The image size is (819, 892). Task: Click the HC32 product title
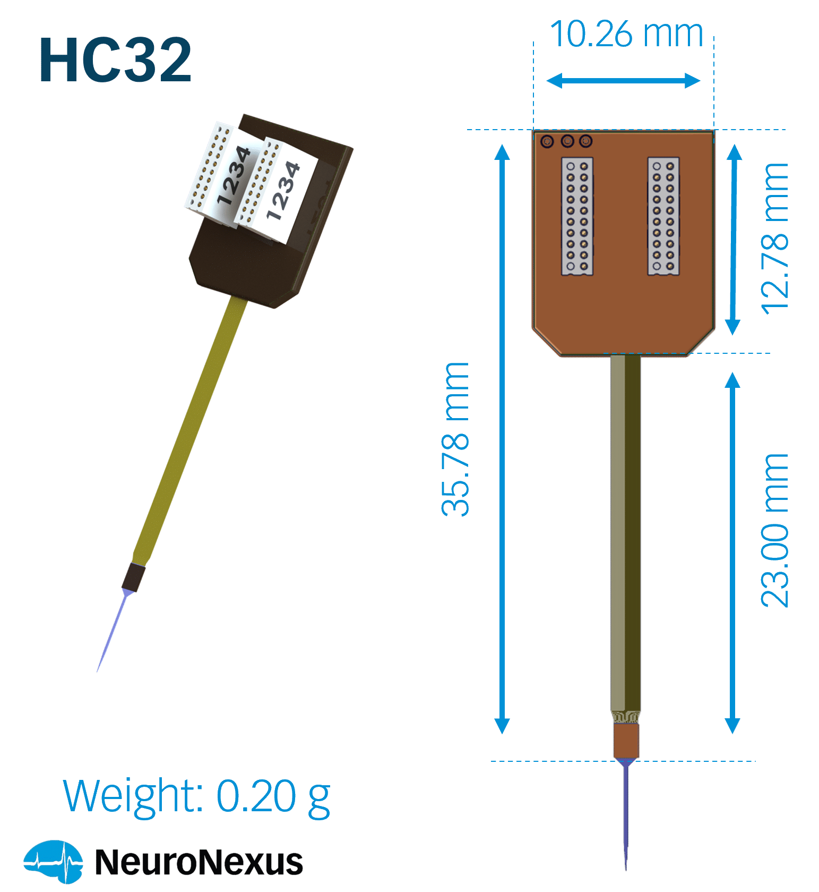point(115,60)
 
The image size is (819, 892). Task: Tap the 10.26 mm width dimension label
point(626,33)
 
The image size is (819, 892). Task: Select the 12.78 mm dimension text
point(775,239)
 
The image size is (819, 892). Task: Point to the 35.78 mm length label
point(455,439)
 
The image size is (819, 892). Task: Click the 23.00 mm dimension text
point(775,530)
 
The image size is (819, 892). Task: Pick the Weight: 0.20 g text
point(197,796)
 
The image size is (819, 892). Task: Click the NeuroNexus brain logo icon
point(53,861)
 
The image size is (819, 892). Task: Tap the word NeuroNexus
point(199,862)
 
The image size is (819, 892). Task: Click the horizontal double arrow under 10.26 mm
point(623,81)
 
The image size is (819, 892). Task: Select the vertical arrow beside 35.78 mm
point(502,439)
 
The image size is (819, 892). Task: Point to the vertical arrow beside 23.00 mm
point(732,553)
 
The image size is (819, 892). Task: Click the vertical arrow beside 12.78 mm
point(734,240)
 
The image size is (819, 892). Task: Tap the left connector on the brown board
point(577,216)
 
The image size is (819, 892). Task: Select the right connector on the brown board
point(663,216)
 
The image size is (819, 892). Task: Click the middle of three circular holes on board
point(567,141)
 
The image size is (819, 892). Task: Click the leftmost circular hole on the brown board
point(547,141)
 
